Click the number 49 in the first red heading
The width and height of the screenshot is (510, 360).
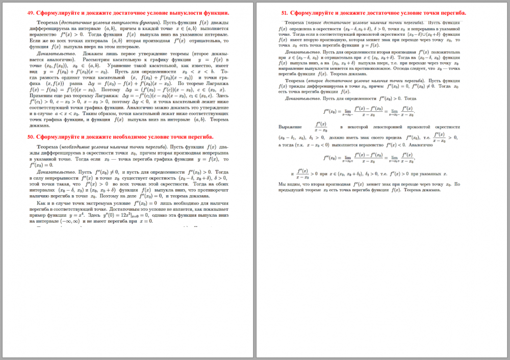31,13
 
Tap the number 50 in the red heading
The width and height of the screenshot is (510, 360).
31,137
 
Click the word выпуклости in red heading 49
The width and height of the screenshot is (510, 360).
152,13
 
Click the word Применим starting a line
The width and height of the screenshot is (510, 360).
41,95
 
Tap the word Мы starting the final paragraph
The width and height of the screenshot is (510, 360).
282,184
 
